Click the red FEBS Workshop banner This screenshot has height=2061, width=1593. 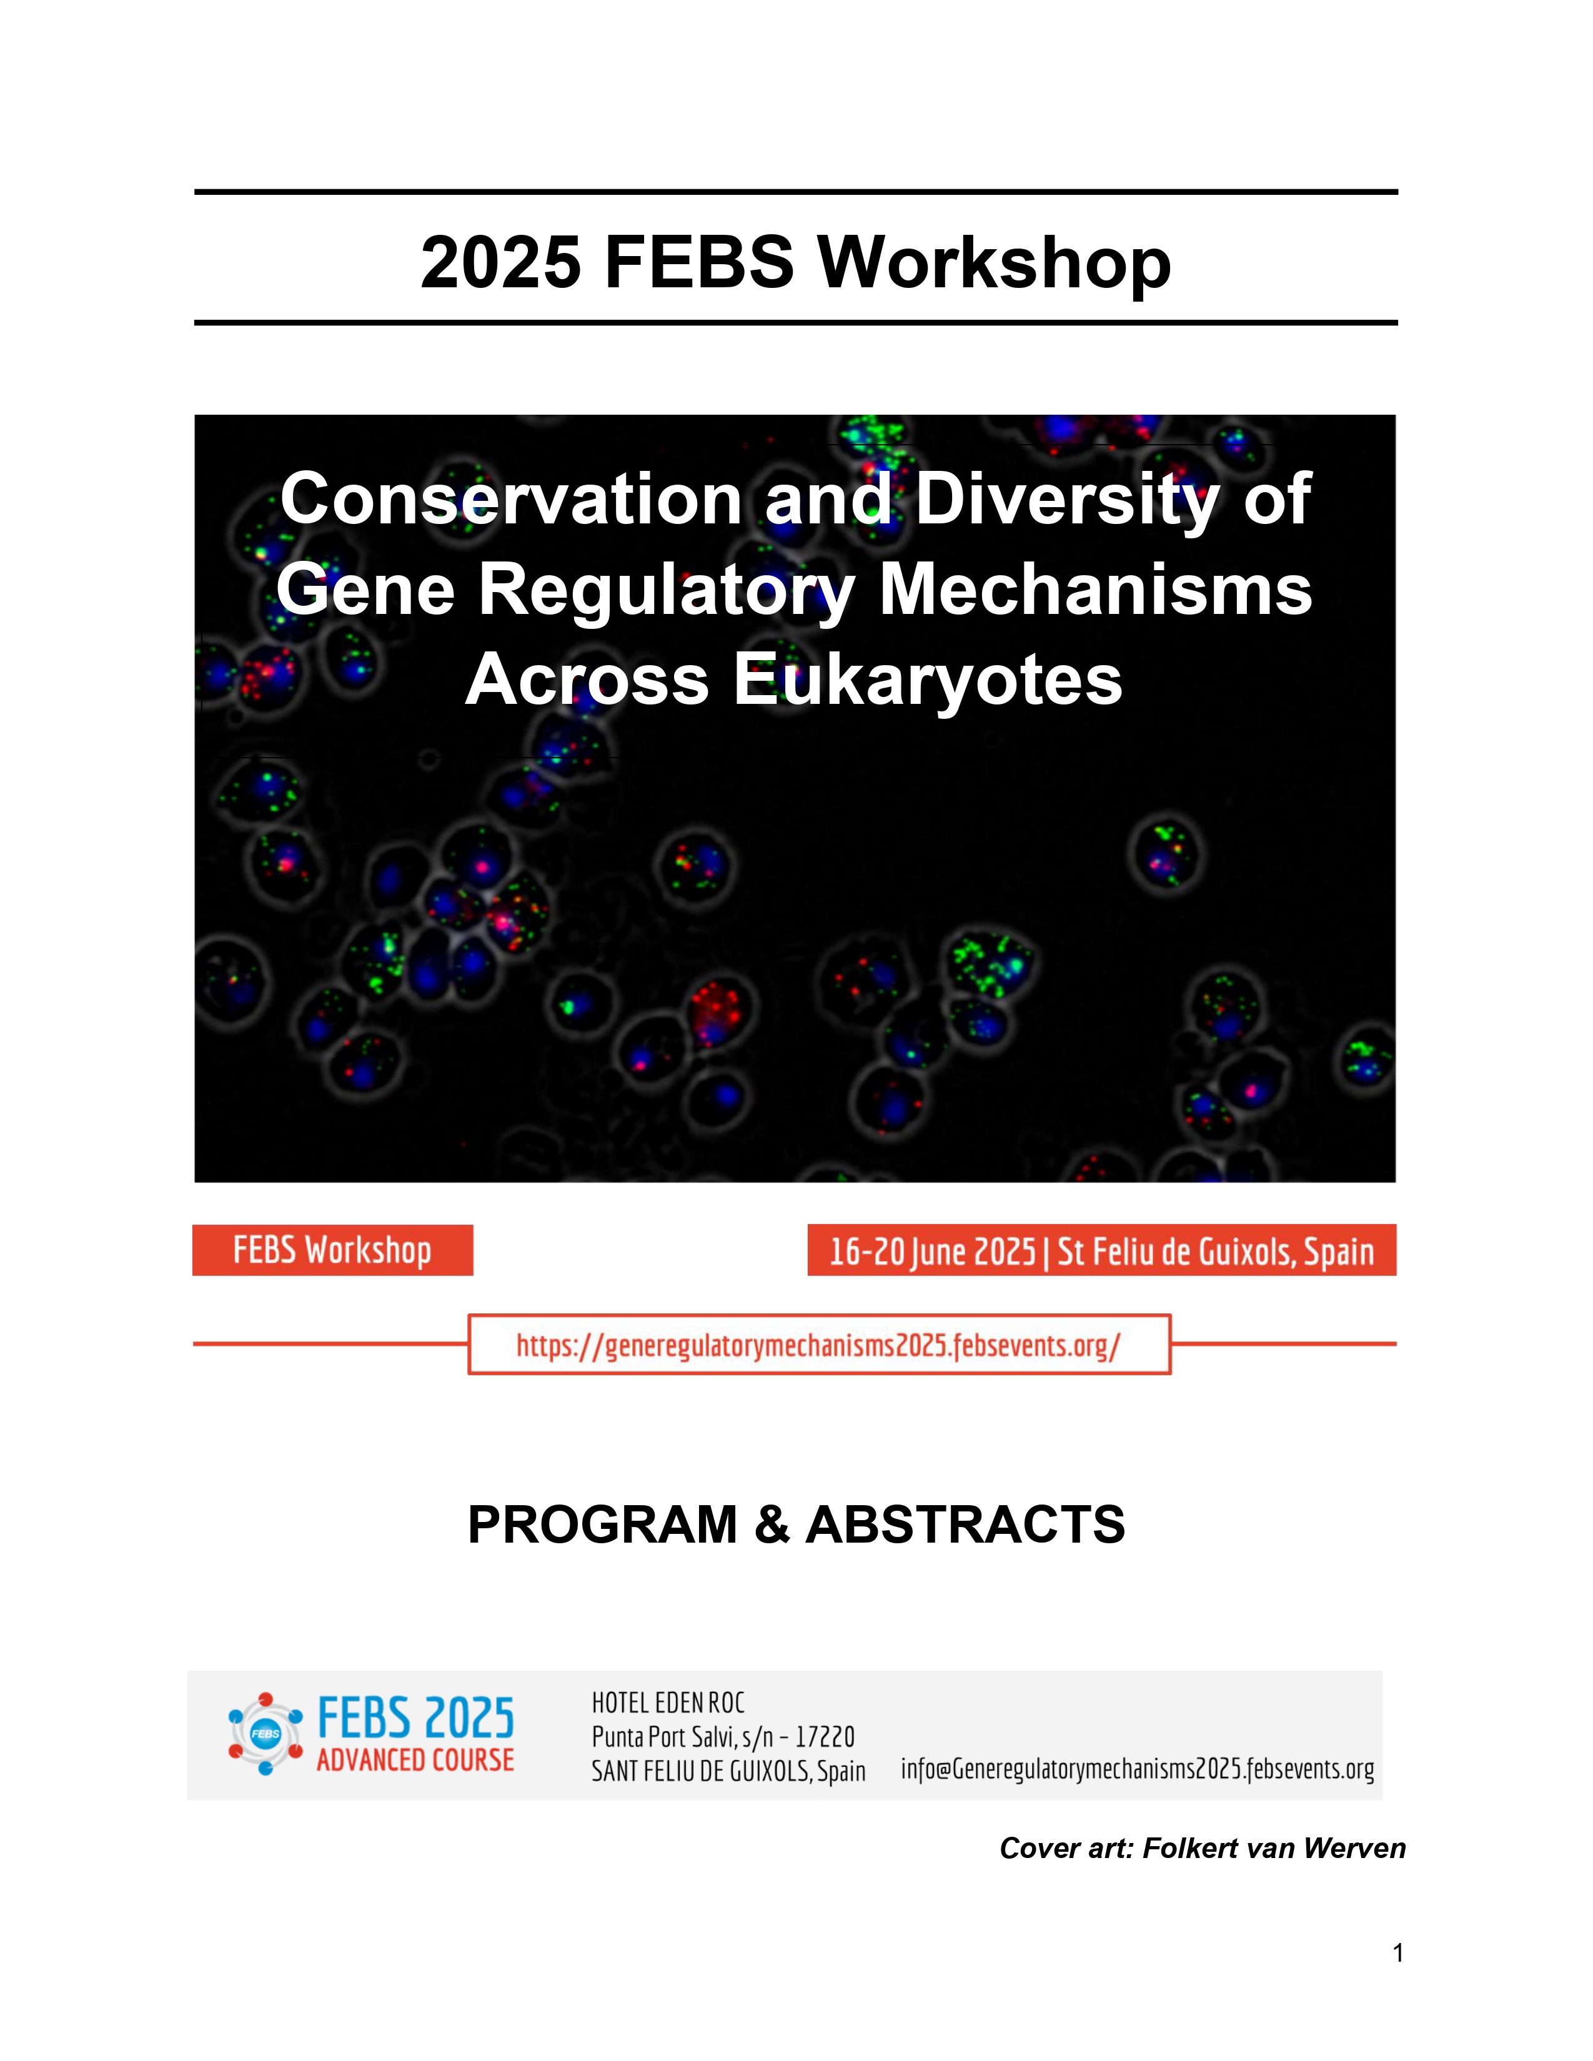pyautogui.click(x=332, y=1250)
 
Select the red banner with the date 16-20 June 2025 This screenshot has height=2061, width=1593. pyautogui.click(x=1101, y=1250)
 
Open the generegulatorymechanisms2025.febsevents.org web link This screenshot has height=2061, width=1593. pyautogui.click(x=818, y=1345)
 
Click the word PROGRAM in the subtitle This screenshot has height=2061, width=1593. pyautogui.click(x=602, y=1524)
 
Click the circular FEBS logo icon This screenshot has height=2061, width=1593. pyautogui.click(x=265, y=1734)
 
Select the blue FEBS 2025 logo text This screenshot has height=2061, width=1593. pyautogui.click(x=415, y=1717)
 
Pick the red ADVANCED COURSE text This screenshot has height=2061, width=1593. pyautogui.click(x=415, y=1760)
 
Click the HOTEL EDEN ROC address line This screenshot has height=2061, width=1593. pyautogui.click(x=668, y=1703)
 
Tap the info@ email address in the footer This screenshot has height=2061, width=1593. pyautogui.click(x=1137, y=1769)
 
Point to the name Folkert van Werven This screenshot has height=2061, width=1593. pyautogui.click(x=1274, y=1848)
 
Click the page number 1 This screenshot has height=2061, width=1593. pyautogui.click(x=1397, y=1952)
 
